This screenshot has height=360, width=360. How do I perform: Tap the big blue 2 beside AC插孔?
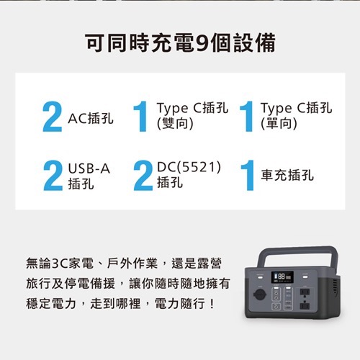click(52, 117)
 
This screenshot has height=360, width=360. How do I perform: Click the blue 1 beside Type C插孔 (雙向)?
click(142, 117)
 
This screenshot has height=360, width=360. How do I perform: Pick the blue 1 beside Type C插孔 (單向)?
click(246, 117)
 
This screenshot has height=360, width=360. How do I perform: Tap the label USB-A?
click(89, 168)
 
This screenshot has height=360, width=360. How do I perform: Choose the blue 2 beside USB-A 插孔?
click(52, 176)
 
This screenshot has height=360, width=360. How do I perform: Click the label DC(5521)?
click(189, 168)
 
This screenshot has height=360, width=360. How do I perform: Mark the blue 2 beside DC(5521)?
click(143, 176)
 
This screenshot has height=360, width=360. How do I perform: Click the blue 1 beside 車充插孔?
click(246, 176)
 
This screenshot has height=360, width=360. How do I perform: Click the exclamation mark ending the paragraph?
click(210, 305)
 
